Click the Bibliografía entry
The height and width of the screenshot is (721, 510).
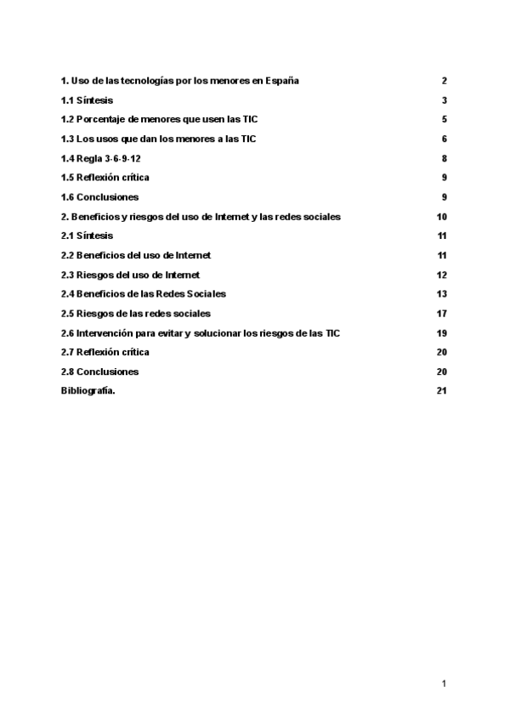click(x=88, y=391)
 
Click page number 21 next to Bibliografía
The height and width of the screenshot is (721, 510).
click(x=441, y=391)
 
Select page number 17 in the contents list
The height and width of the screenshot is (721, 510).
click(x=441, y=314)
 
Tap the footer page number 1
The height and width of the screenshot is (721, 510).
click(x=444, y=683)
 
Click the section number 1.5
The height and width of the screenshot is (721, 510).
click(x=68, y=178)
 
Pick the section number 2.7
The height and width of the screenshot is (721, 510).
click(x=68, y=352)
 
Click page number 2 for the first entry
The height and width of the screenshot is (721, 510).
click(x=444, y=81)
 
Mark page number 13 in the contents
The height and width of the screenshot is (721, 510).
click(x=441, y=294)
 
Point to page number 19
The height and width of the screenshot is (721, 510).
click(x=441, y=333)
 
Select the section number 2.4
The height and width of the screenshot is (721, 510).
click(x=68, y=294)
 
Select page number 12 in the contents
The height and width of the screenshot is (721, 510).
click(x=441, y=275)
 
